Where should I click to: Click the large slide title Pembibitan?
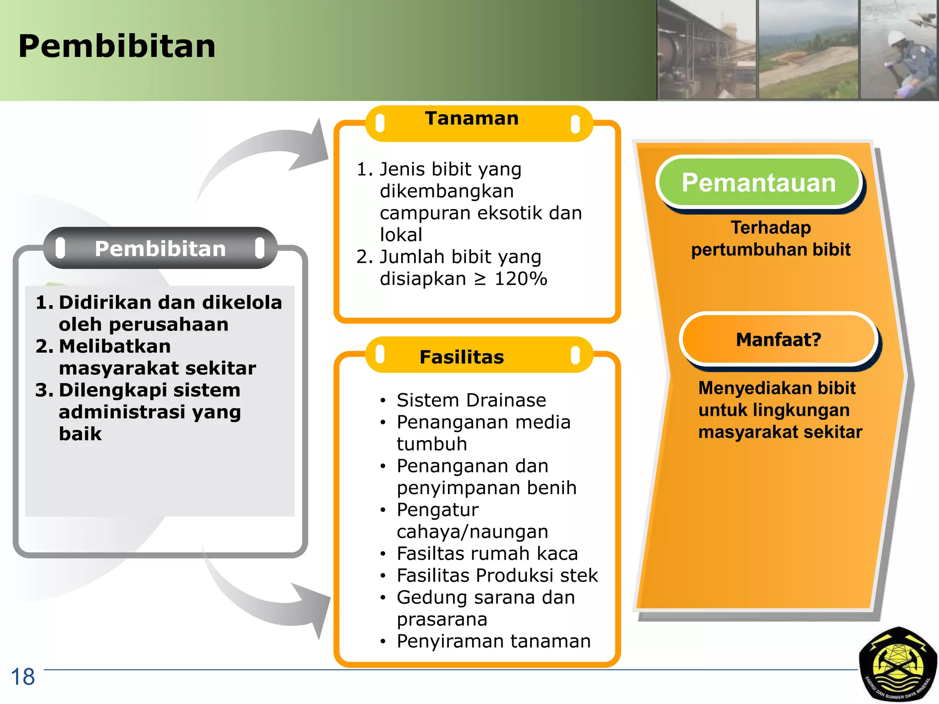tap(117, 47)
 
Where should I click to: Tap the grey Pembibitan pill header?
tap(160, 248)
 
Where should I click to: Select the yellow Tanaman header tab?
tap(472, 119)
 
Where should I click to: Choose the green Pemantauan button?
tap(759, 183)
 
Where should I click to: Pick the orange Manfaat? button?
tap(778, 340)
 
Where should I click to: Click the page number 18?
tap(22, 677)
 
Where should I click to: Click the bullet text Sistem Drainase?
tap(471, 400)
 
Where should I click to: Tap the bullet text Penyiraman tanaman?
tap(493, 641)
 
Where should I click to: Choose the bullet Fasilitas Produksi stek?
tap(497, 576)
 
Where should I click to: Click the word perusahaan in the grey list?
tap(169, 324)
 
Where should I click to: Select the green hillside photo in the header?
tap(808, 50)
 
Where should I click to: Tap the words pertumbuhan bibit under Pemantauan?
tap(770, 250)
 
